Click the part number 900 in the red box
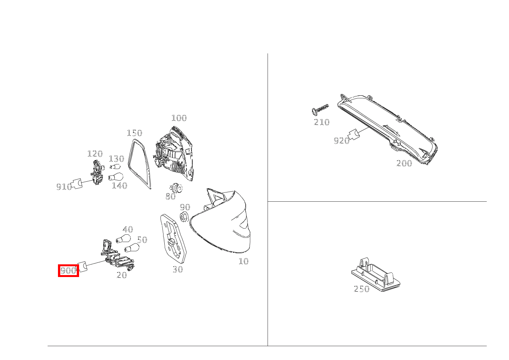pyautogui.click(x=68, y=270)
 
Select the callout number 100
pyautogui.click(x=178, y=118)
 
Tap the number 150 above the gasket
pyautogui.click(x=134, y=133)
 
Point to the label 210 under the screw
pyautogui.click(x=321, y=122)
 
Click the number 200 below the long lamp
pyautogui.click(x=404, y=163)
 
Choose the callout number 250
pyautogui.click(x=361, y=289)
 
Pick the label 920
pyautogui.click(x=341, y=141)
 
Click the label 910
pyautogui.click(x=64, y=187)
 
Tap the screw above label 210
pyautogui.click(x=320, y=109)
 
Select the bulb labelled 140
pyautogui.click(x=116, y=177)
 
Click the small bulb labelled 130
pyautogui.click(x=115, y=167)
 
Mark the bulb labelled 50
pyautogui.click(x=131, y=248)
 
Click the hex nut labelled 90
pyautogui.click(x=183, y=217)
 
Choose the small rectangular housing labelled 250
pyautogui.click(x=377, y=274)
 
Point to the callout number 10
pyautogui.click(x=243, y=262)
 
